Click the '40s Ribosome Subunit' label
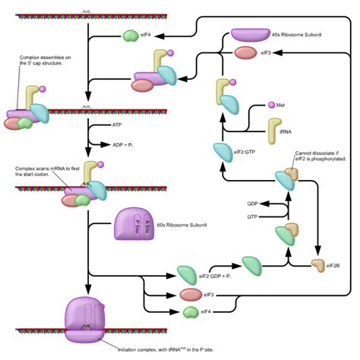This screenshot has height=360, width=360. [295, 33]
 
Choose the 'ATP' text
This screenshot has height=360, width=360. [117, 124]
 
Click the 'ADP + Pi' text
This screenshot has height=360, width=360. [124, 144]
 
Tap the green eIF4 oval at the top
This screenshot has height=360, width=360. [131, 35]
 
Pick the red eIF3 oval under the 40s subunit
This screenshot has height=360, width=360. [245, 53]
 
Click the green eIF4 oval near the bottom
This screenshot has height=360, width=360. [190, 311]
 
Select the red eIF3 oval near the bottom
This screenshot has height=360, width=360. [191, 293]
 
